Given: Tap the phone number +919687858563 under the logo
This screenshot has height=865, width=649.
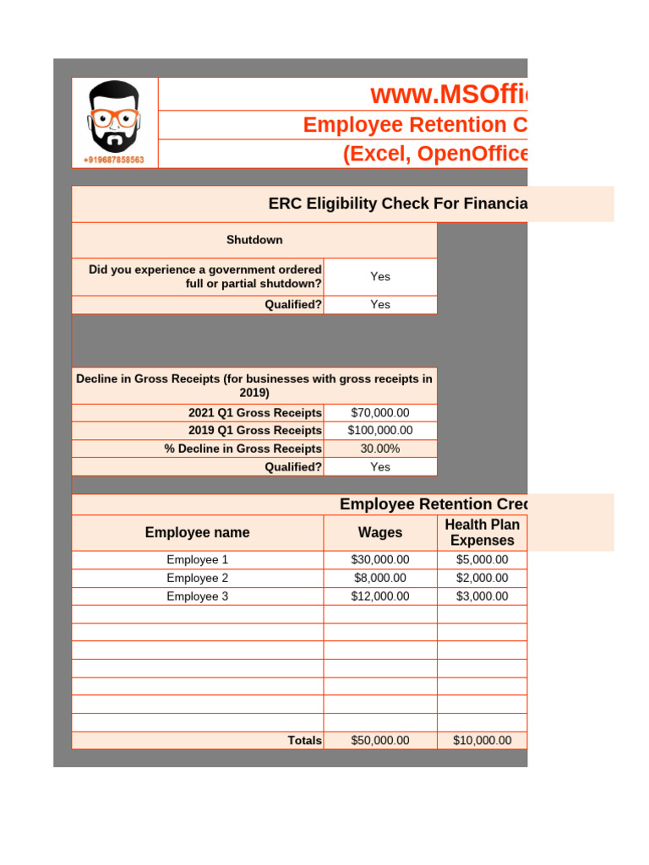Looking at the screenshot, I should coord(114,160).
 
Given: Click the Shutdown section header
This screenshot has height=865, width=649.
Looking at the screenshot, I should coord(254,240).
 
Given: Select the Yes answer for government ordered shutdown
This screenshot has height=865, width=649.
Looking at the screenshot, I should coord(380,276).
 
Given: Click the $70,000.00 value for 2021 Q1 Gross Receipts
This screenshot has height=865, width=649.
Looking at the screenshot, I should coord(380,413).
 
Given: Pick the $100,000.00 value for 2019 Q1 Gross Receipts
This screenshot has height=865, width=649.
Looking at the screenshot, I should coord(380,431).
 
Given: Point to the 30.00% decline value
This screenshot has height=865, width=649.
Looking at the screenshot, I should coord(380,449).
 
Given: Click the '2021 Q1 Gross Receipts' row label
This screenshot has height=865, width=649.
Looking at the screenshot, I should coord(255,413).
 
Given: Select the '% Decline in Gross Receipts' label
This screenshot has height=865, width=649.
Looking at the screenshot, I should coord(243,449).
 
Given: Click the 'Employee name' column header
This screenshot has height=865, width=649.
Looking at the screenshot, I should coord(197,533).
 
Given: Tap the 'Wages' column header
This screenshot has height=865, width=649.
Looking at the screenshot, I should coord(380,533).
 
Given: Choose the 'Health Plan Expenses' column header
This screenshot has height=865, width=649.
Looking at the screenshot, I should coord(482,533).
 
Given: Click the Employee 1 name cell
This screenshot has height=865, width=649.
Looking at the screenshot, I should coord(197,560).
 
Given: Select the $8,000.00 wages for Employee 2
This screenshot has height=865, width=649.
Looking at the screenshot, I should coord(380,578).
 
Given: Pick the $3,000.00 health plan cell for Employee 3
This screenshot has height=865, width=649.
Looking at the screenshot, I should coord(482,596).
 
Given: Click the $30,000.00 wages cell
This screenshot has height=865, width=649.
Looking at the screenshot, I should coord(380,560).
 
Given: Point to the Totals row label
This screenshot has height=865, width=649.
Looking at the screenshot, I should coord(304,741).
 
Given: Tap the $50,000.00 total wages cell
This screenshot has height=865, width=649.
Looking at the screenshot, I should coord(380,741).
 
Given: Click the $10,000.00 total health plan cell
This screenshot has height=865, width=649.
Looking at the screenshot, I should coord(482,741).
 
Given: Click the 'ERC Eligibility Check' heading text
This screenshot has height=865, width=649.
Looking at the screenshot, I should coord(397,204).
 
